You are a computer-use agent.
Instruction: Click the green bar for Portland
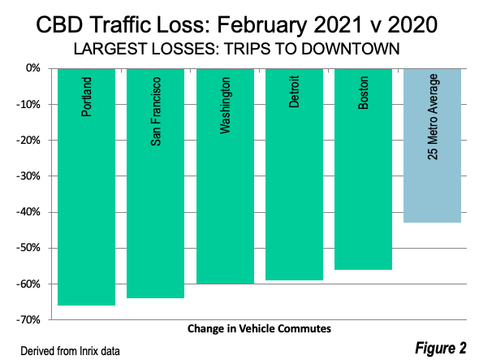tap(86, 187)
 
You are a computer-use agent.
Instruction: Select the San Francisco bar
tap(156, 183)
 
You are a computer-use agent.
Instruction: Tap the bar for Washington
tap(225, 176)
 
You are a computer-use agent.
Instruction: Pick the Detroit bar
tap(294, 175)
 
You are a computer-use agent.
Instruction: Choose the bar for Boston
tap(363, 169)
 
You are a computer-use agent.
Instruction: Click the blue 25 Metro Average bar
tap(432, 145)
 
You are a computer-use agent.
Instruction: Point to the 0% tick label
tap(32, 68)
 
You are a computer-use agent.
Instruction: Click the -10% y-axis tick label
tap(28, 105)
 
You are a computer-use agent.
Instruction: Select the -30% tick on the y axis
tap(28, 176)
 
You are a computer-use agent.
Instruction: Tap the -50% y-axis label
tap(28, 248)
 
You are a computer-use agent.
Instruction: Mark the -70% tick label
tap(28, 320)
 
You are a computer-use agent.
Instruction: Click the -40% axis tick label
tap(28, 212)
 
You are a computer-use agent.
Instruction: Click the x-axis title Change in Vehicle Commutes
tap(259, 329)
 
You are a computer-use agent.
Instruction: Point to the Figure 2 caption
tap(441, 348)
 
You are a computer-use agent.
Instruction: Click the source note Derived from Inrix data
tap(70, 351)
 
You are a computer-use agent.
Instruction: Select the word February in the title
tap(261, 25)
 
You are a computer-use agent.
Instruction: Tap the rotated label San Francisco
tap(156, 111)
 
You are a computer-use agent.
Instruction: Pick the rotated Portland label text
tap(86, 97)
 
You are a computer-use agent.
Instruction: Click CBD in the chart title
tap(59, 24)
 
